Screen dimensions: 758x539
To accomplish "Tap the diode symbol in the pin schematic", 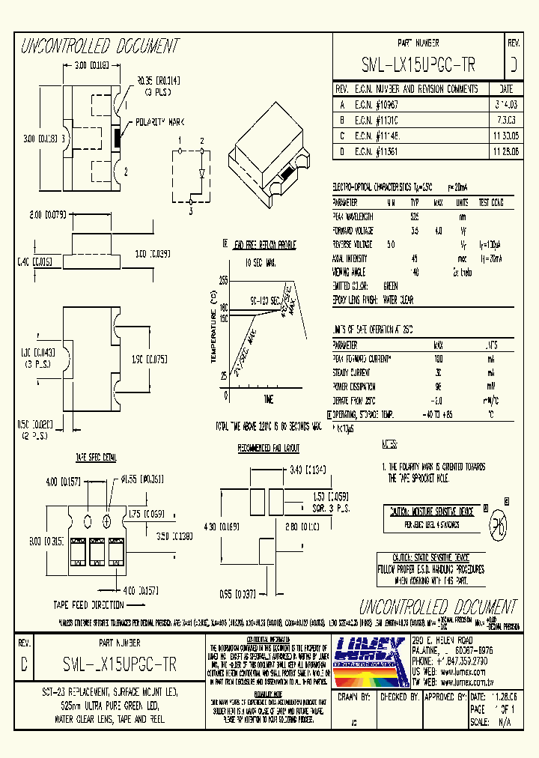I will (x=202, y=172).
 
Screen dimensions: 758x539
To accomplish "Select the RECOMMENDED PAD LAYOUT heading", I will (x=268, y=448).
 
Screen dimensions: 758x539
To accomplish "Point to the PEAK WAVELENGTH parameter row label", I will (x=353, y=216).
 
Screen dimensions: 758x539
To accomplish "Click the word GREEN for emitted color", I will (x=391, y=286).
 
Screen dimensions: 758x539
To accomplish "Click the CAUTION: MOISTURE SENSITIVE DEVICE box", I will (x=429, y=511).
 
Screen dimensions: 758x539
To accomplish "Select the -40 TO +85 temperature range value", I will (x=439, y=414).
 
